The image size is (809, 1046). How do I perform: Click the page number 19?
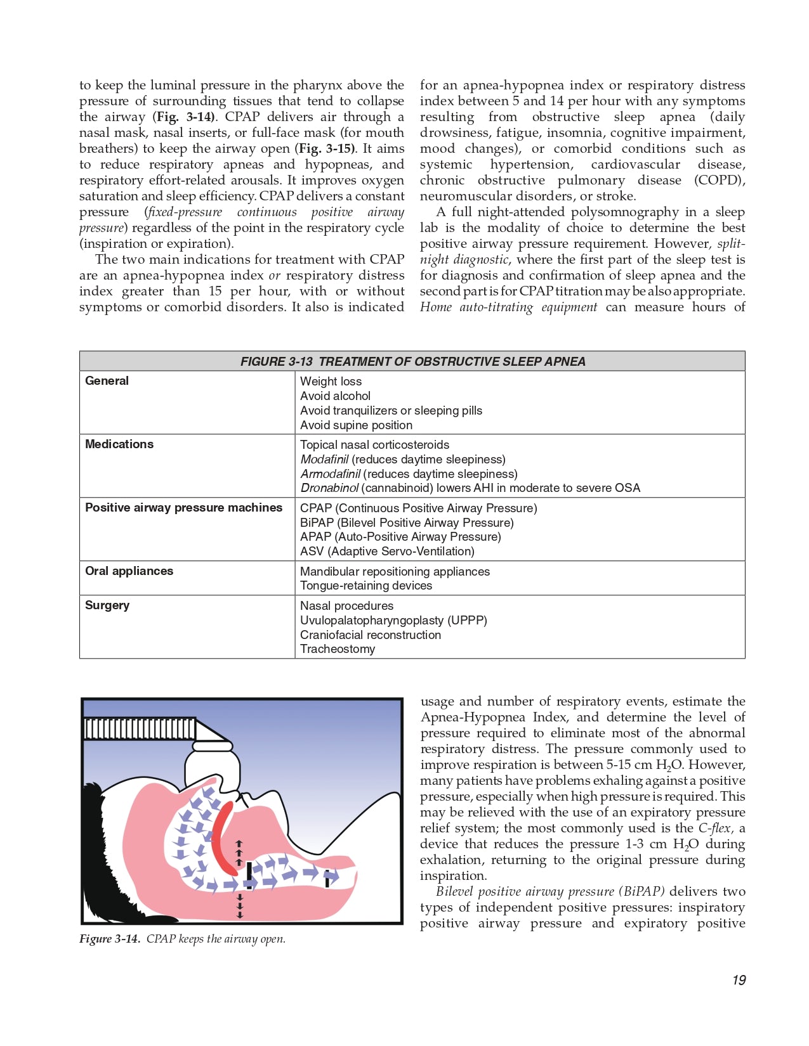point(739,980)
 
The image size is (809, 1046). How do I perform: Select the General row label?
point(107,381)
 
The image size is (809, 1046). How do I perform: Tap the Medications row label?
point(119,444)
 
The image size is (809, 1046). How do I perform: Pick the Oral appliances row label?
point(129,571)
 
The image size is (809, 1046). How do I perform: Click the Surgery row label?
point(107,605)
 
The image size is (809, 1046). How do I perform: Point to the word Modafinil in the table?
point(324,460)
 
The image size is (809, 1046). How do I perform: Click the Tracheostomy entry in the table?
point(338,649)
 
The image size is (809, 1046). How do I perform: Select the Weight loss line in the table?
point(331,382)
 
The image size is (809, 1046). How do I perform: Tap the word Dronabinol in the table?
point(330,488)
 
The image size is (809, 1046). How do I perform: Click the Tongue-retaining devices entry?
point(366,586)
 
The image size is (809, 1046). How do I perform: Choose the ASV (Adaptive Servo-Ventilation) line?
point(387,552)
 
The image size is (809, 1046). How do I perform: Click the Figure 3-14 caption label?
point(109,939)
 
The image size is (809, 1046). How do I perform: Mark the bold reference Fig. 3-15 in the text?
point(326,149)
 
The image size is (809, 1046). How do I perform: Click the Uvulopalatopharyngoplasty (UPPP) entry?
point(393,621)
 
